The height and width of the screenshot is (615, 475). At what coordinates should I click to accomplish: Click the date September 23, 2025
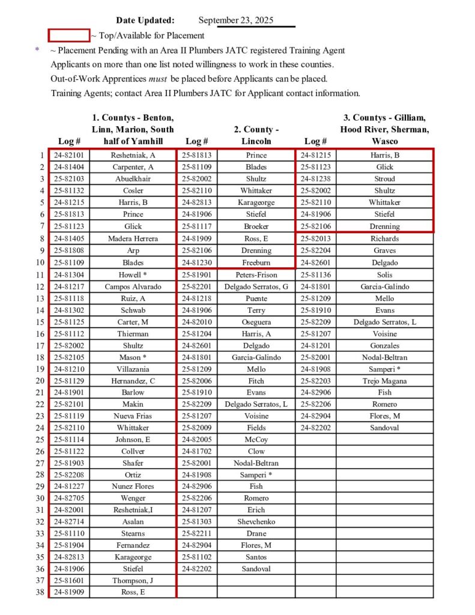click(x=235, y=20)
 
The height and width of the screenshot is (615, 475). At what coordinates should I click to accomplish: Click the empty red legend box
click(x=69, y=35)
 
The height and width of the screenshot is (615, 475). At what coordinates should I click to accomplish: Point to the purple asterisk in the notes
click(x=37, y=50)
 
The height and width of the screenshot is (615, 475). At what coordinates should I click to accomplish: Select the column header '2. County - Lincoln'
click(x=256, y=135)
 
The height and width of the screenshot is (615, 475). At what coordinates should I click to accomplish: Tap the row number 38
click(x=40, y=592)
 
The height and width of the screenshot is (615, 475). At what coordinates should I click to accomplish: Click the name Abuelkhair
click(x=133, y=179)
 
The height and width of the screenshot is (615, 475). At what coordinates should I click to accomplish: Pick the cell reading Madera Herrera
click(x=133, y=238)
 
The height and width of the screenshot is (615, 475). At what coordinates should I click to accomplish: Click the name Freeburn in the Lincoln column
click(x=256, y=262)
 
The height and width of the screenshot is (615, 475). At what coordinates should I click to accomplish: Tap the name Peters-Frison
click(x=256, y=274)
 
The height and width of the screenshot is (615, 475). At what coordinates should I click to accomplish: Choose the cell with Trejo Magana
click(x=384, y=381)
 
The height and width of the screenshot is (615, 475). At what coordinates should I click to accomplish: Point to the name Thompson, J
click(x=133, y=580)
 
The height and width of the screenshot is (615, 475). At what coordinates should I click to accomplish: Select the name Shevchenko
click(x=256, y=521)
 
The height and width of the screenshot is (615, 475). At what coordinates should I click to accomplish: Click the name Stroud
click(x=384, y=179)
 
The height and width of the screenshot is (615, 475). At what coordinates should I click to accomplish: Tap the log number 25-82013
click(x=316, y=238)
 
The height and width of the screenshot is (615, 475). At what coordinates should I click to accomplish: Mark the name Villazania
click(x=133, y=369)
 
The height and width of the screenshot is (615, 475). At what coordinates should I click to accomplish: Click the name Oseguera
click(x=256, y=321)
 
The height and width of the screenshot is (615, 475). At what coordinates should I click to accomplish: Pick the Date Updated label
click(x=145, y=20)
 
